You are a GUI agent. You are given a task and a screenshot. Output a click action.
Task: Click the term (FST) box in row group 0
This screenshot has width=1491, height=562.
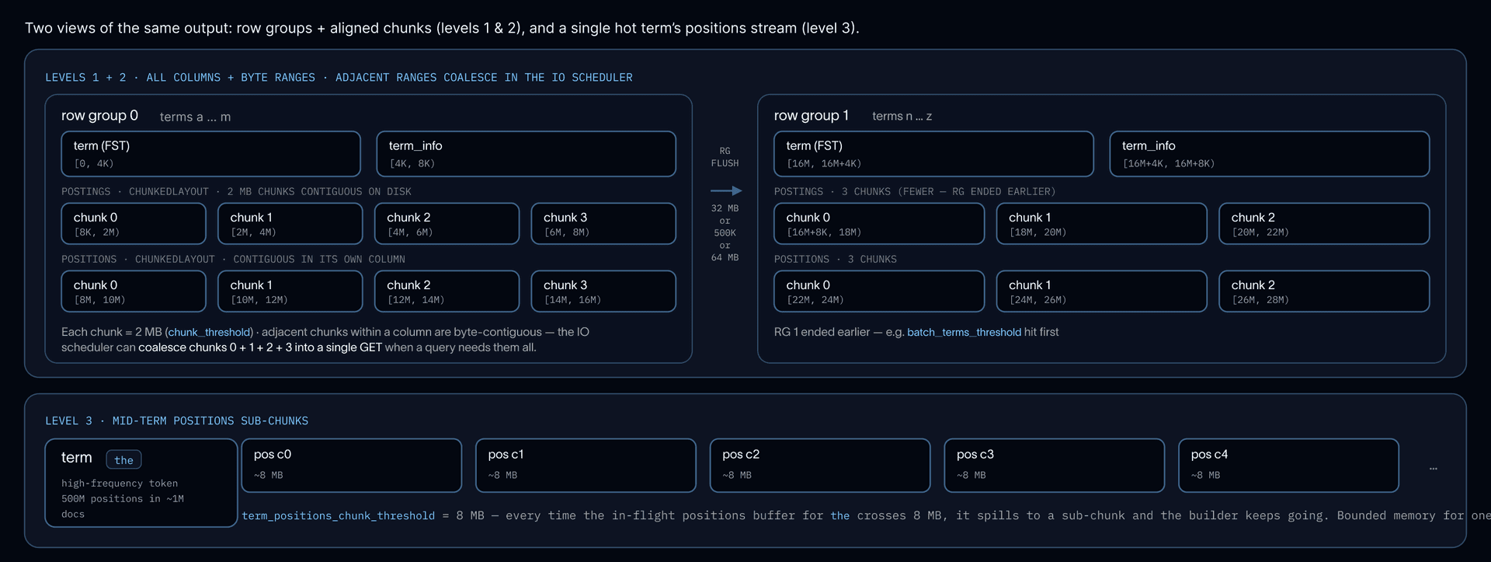[210, 154]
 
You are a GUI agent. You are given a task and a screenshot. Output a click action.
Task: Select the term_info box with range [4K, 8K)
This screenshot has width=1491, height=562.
[526, 154]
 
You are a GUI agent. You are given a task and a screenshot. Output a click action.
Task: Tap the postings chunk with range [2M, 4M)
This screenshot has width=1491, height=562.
[290, 224]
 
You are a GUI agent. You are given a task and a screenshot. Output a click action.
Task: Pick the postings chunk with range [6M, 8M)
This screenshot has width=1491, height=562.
[603, 224]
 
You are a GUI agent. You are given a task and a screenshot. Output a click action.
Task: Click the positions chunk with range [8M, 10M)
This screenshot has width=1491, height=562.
[134, 291]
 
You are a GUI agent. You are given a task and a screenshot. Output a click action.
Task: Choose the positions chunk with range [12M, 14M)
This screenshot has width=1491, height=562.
[447, 291]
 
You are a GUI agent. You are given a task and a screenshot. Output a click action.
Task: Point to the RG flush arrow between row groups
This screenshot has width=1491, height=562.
[726, 190]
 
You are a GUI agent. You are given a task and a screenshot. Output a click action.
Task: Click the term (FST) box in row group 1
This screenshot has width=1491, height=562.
[933, 154]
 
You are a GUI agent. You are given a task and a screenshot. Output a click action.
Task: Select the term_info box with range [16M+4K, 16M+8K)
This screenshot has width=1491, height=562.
[1270, 154]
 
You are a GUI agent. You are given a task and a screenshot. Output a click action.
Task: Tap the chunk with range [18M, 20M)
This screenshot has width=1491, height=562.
[1102, 224]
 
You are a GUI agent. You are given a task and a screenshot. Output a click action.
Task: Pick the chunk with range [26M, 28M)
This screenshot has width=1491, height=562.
[1324, 291]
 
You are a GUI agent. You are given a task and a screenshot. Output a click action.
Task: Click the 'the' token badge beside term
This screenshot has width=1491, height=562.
[123, 460]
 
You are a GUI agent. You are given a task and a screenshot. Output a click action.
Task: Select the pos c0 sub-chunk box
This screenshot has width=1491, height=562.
[352, 466]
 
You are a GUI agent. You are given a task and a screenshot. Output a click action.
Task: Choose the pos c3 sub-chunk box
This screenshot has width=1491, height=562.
[1055, 466]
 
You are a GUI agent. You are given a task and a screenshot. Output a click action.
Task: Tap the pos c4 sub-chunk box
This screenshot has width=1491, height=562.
[1289, 466]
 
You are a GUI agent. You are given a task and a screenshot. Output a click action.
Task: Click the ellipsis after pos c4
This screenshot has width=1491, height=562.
[1434, 469]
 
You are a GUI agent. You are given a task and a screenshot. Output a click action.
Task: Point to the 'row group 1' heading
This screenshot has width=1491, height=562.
[812, 116]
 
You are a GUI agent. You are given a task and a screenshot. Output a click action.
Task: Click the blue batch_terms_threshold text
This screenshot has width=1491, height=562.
[964, 332]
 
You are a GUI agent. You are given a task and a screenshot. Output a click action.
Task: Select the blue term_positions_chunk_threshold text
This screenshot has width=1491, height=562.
[339, 515]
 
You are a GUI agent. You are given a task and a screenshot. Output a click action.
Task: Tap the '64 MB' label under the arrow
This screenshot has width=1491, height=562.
[725, 257]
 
